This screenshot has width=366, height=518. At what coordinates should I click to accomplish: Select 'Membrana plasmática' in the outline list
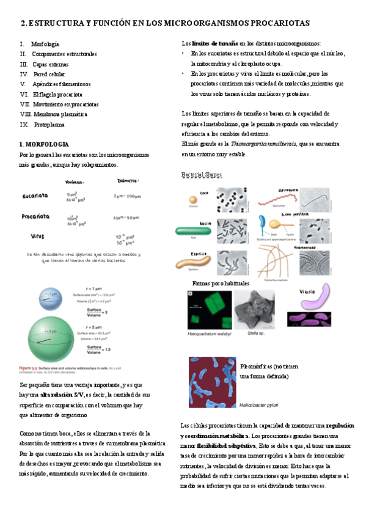click(x=60, y=114)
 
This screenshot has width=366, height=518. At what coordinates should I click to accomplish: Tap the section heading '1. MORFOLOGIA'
click(x=44, y=144)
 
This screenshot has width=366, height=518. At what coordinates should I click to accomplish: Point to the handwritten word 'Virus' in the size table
click(x=38, y=236)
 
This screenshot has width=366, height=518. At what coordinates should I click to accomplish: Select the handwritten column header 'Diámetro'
click(x=132, y=181)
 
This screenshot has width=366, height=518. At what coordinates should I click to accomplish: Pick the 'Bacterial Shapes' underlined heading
click(x=202, y=175)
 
